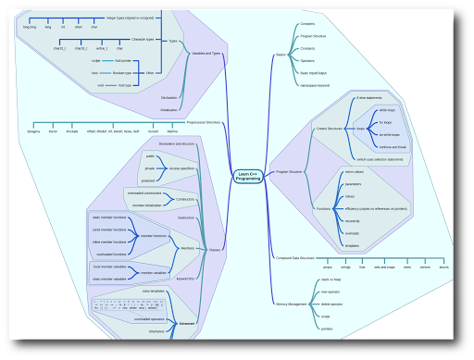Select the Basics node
pyautogui.click(x=281, y=56)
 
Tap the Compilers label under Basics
pyautogui.click(x=308, y=23)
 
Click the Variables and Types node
pyautogui.click(x=206, y=54)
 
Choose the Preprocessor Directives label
pyautogui.click(x=204, y=122)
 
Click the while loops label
pyautogui.click(x=386, y=109)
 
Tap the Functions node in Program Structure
pyautogui.click(x=324, y=209)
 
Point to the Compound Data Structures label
pyautogui.click(x=295, y=258)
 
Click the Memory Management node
pyautogui.click(x=292, y=303)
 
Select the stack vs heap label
pyautogui.click(x=332, y=279)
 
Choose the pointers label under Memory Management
pyautogui.click(x=327, y=329)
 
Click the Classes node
pyautogui.click(x=215, y=250)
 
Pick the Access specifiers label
pyautogui.click(x=181, y=169)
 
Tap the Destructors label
pyautogui.click(x=186, y=217)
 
